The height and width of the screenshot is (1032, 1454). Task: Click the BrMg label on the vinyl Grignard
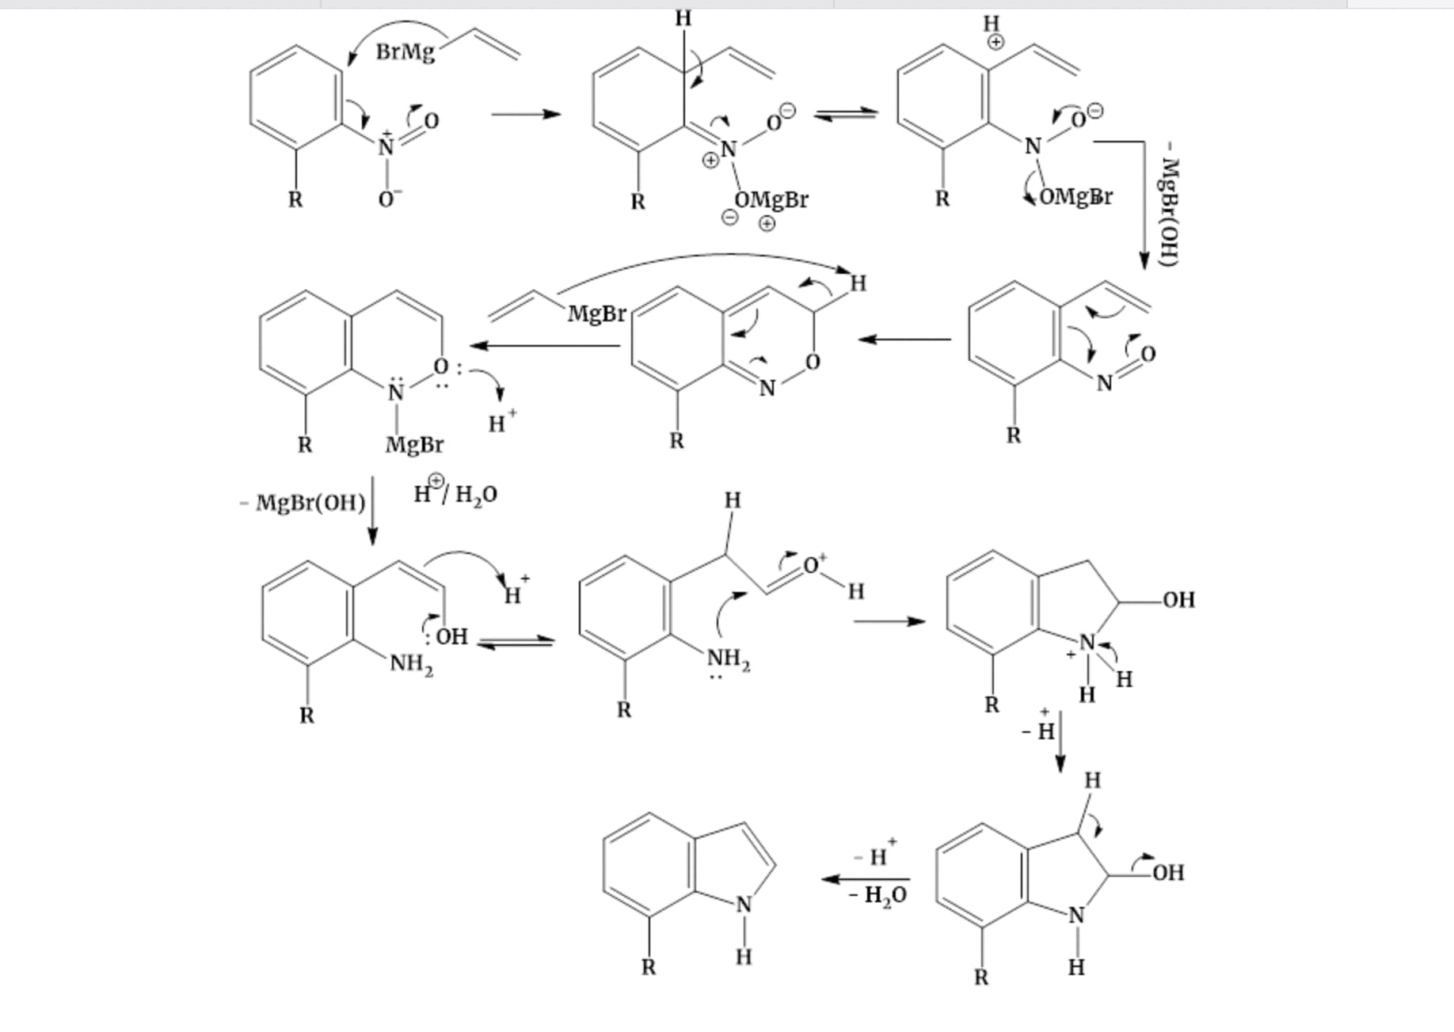pos(405,52)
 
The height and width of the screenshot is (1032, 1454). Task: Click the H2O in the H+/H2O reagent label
pos(476,495)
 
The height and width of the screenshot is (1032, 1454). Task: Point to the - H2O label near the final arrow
pos(877,896)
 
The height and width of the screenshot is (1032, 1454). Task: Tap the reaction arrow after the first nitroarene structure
pos(525,115)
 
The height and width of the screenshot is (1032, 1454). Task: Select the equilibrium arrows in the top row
pos(846,115)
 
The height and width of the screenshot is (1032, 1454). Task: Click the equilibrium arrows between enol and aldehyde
pos(516,642)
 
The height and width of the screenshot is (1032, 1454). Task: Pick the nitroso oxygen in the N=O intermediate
pos(1148,353)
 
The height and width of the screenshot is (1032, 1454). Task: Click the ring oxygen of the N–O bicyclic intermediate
pos(812,362)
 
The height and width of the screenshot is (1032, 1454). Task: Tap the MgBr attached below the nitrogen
pos(414,445)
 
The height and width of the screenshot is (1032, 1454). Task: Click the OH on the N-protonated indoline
pos(1178,600)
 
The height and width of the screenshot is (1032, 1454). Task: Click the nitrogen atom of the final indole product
pos(743,905)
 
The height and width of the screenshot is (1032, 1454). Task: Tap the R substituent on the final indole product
pos(649,967)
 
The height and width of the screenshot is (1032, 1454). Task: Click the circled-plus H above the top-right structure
pos(992,30)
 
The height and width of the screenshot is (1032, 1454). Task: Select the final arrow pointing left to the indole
pos(866,878)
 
